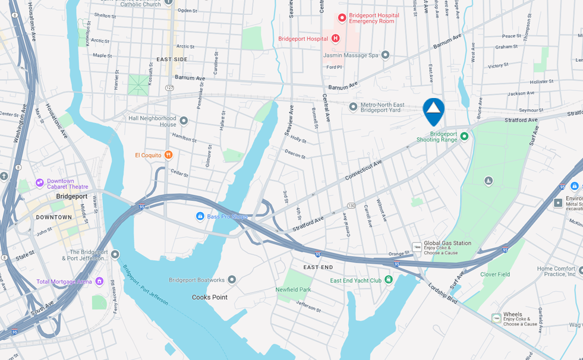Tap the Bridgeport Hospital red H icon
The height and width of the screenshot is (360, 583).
click(x=335, y=39)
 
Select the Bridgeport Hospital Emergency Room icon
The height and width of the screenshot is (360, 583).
click(x=342, y=18)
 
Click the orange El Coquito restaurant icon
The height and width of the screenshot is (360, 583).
click(x=168, y=155)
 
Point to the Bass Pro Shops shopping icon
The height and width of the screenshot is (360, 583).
click(x=200, y=216)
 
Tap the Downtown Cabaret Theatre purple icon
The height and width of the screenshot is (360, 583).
click(x=40, y=182)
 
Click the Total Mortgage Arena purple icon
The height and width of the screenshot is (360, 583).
click(x=99, y=281)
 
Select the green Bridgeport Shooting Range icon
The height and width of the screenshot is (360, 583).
click(x=465, y=137)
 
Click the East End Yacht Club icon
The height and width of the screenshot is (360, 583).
click(x=389, y=280)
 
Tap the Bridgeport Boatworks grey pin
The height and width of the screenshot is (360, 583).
click(x=232, y=280)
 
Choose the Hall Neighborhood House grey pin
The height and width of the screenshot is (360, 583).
click(x=184, y=121)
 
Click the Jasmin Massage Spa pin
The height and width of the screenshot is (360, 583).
click(x=385, y=55)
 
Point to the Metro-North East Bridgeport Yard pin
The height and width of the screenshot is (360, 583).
click(x=353, y=107)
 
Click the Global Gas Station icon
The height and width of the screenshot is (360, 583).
click(x=417, y=247)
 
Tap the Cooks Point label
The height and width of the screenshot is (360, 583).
click(x=209, y=297)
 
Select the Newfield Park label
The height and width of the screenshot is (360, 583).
click(x=293, y=289)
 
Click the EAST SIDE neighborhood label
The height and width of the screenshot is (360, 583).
click(x=172, y=59)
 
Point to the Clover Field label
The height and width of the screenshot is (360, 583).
click(x=495, y=274)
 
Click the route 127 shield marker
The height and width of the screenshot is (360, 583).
click(x=170, y=87)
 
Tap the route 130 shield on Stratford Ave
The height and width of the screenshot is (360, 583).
click(x=351, y=206)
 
